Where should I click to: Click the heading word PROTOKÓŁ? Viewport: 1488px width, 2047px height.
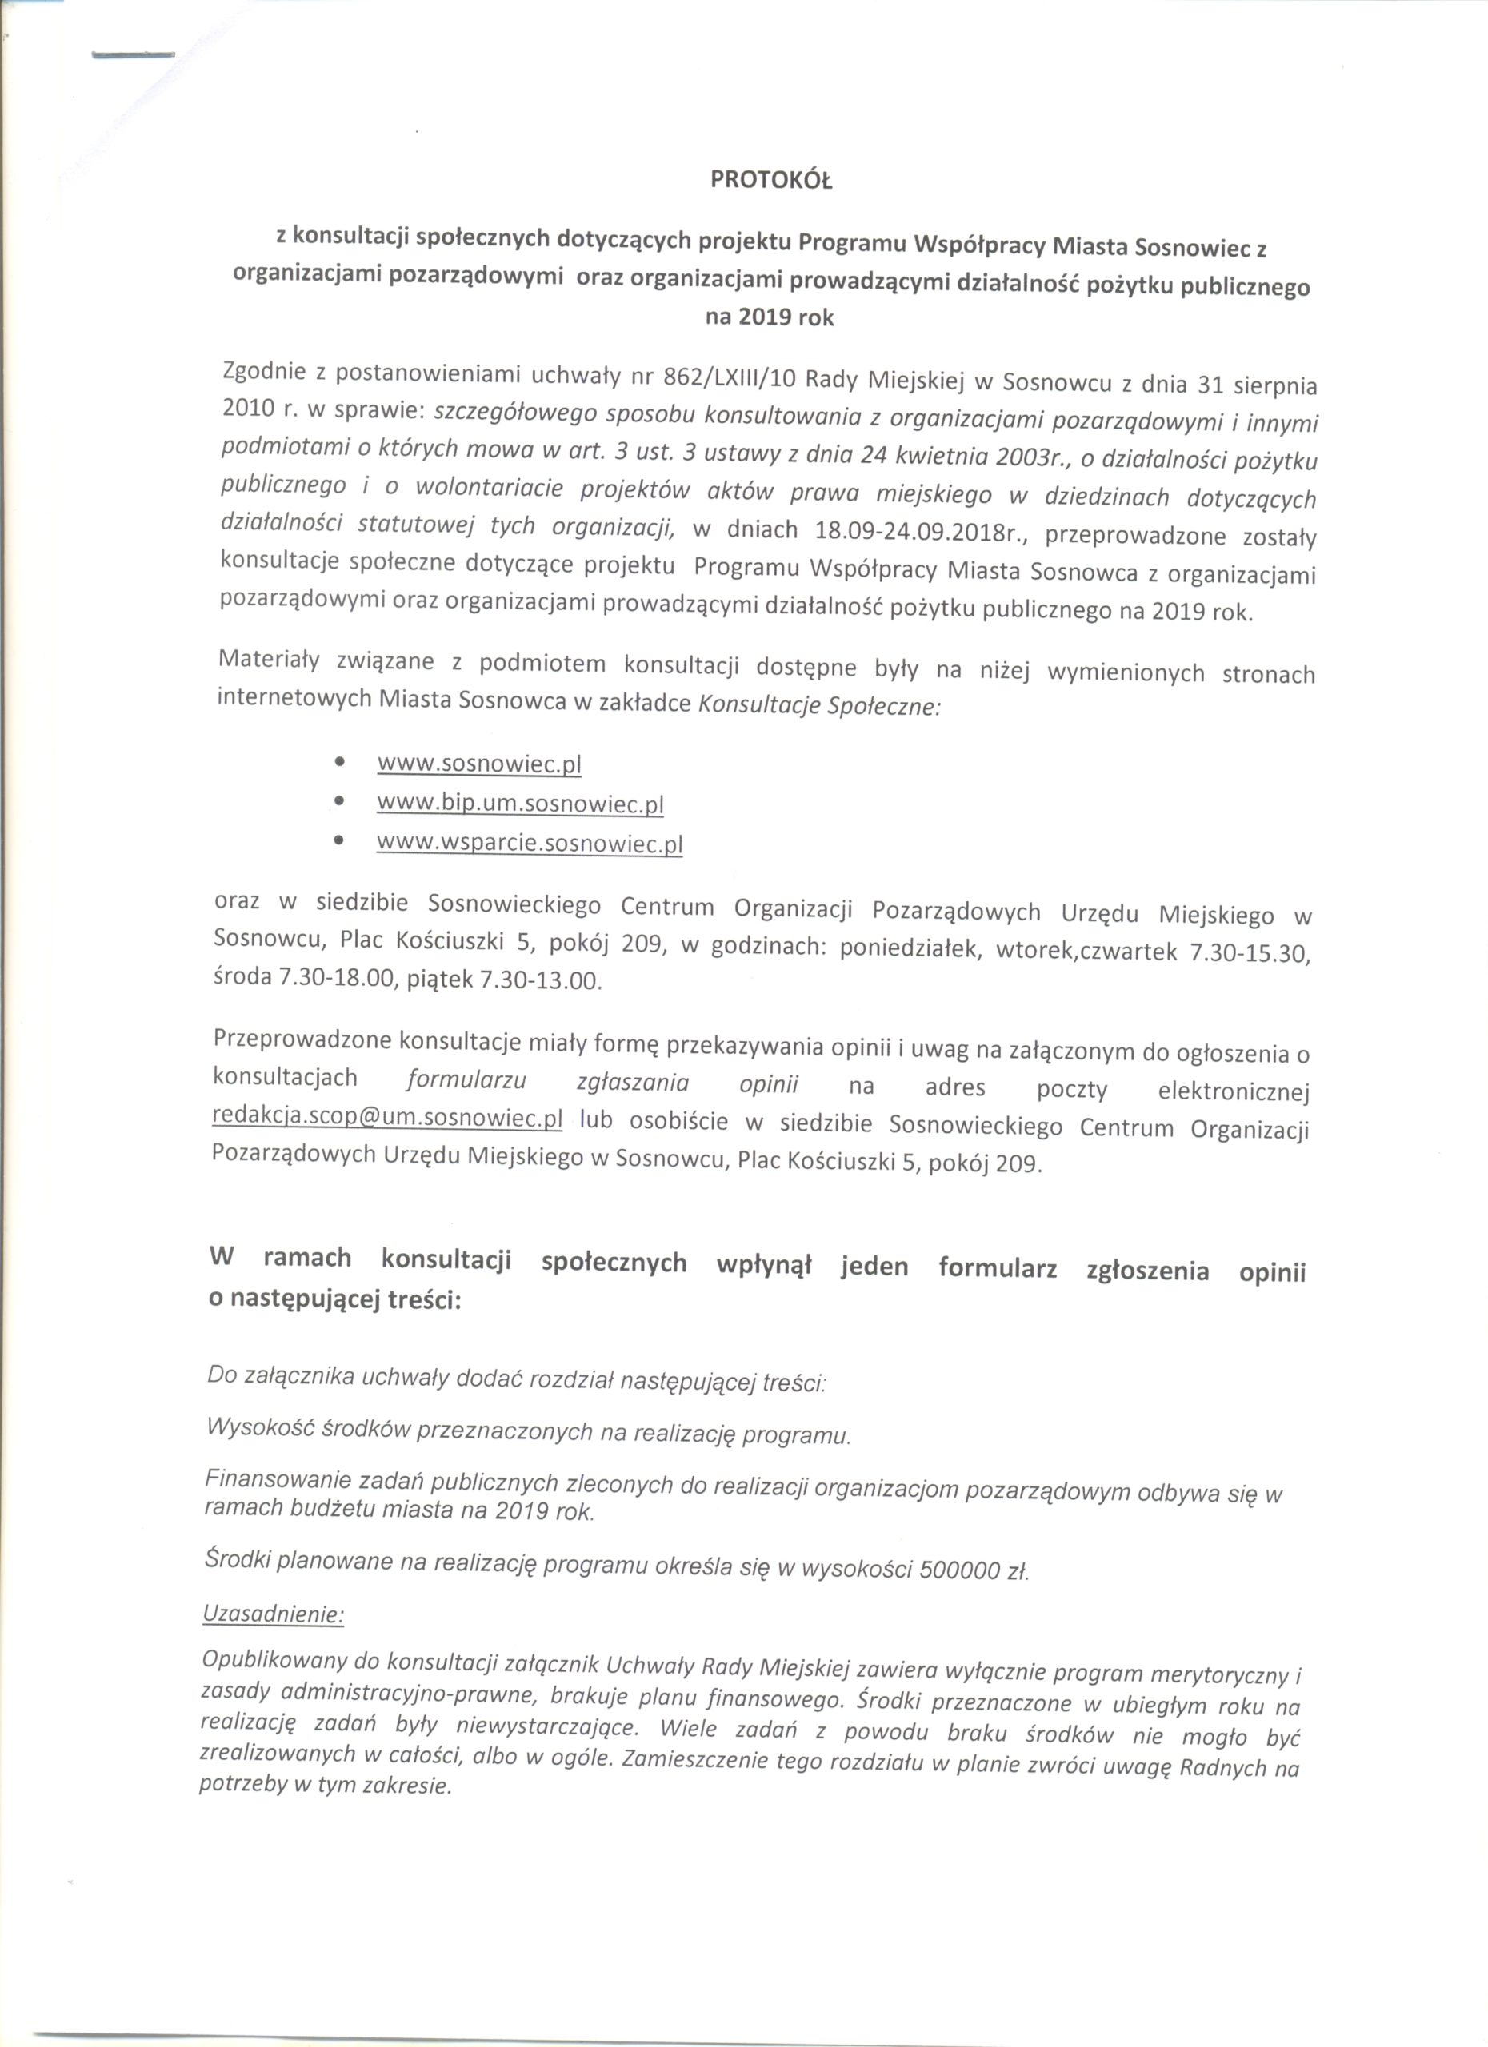(x=770, y=181)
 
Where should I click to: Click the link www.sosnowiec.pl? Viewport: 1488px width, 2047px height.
(x=478, y=764)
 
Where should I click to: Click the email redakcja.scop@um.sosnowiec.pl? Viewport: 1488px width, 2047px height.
(x=387, y=1119)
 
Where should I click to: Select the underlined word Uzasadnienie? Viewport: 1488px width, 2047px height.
(x=274, y=1614)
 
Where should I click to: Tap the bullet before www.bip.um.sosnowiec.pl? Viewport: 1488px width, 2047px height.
(x=339, y=800)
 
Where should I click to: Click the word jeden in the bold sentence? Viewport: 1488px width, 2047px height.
(x=874, y=1267)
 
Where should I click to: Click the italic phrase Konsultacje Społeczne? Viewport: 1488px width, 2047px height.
(x=820, y=705)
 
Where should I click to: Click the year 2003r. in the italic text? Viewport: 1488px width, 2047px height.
(x=1027, y=457)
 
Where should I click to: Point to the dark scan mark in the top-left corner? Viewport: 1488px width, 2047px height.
(x=133, y=56)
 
